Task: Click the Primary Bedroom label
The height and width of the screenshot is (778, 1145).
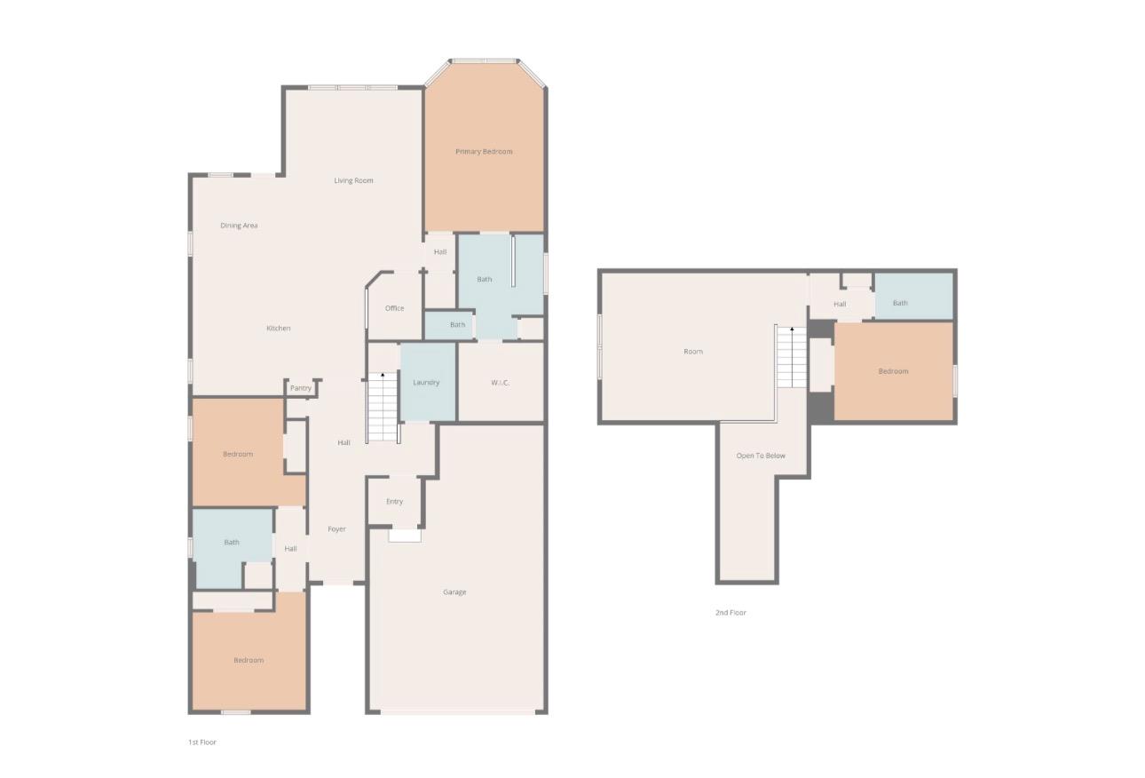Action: [x=484, y=151]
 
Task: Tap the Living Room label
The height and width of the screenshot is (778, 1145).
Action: [x=353, y=180]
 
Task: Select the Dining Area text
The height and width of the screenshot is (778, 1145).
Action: [x=239, y=226]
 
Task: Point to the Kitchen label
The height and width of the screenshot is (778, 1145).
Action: [x=279, y=329]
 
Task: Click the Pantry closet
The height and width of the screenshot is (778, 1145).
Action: [x=302, y=388]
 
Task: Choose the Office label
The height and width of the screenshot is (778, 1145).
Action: [x=394, y=308]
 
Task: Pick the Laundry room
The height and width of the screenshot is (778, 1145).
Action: [x=427, y=382]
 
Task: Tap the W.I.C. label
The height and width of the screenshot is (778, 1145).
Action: [x=500, y=383]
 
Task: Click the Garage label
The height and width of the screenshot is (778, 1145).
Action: [x=454, y=592]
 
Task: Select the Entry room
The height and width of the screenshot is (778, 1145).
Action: [x=394, y=501]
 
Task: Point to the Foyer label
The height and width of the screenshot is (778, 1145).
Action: [x=337, y=529]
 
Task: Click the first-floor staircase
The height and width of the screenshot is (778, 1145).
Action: [x=383, y=407]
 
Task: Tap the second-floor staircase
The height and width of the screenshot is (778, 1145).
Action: [x=792, y=357]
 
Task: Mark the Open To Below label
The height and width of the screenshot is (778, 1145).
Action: [x=761, y=456]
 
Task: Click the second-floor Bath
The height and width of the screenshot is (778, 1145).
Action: [x=914, y=296]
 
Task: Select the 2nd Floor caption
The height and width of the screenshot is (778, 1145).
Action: [x=730, y=612]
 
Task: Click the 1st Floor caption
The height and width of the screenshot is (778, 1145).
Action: [x=202, y=742]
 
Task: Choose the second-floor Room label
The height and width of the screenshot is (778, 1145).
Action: [x=693, y=352]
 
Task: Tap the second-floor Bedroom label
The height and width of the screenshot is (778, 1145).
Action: [x=894, y=371]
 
